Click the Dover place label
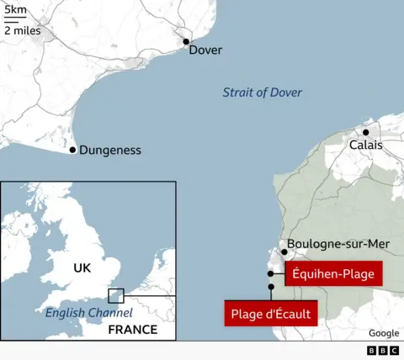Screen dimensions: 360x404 [x=205, y=50]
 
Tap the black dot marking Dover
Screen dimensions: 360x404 [x=187, y=40]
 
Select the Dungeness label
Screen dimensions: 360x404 [x=110, y=151]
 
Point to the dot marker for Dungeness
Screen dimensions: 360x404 [x=72, y=150]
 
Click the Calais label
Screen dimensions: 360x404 [x=366, y=146]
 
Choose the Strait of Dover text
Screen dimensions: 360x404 [x=262, y=93]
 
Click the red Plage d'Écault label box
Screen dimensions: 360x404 [x=271, y=315]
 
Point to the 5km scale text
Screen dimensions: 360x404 [x=14, y=9]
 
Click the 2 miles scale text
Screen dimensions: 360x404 [x=21, y=30]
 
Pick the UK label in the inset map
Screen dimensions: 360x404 [x=81, y=268]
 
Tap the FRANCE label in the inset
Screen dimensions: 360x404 [x=133, y=330]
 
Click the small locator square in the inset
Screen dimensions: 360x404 [x=116, y=296]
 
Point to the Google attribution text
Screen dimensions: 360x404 [x=383, y=334]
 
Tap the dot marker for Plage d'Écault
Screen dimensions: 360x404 [x=271, y=287]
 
